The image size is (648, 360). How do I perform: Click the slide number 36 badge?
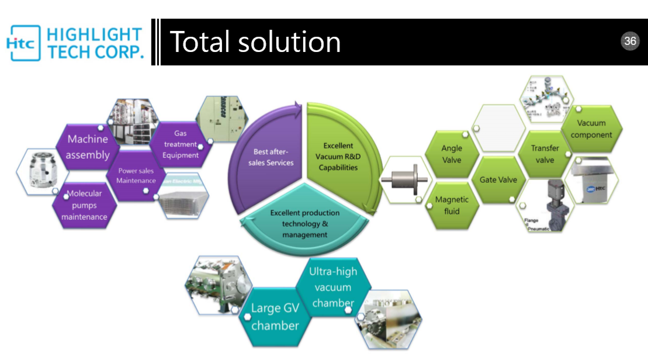pyautogui.click(x=630, y=41)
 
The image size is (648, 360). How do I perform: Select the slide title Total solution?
pyautogui.click(x=255, y=42)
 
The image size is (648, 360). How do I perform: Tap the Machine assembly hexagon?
pyautogui.click(x=88, y=147)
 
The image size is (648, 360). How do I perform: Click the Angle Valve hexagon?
pyautogui.click(x=452, y=154)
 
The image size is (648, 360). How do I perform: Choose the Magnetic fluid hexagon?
pyautogui.click(x=452, y=205)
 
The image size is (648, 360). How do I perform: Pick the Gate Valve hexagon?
pyautogui.click(x=498, y=180)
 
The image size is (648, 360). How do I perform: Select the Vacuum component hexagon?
pyautogui.click(x=591, y=129)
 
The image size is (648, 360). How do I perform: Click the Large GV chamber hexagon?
pyautogui.click(x=275, y=317)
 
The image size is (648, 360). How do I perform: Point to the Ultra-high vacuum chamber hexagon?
pyautogui.click(x=333, y=287)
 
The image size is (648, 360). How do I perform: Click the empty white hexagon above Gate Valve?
pyautogui.click(x=498, y=129)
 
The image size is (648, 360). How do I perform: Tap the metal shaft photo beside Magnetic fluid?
pyautogui.click(x=403, y=180)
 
